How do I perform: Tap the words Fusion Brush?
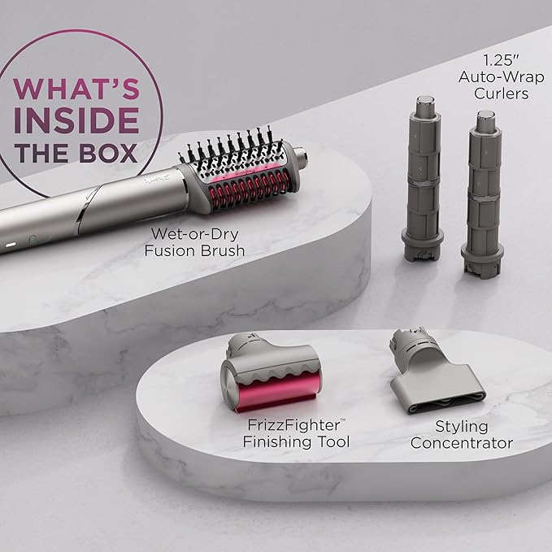(x=195, y=250)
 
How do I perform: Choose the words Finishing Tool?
(x=297, y=441)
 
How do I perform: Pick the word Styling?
(x=461, y=426)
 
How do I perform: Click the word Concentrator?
(x=461, y=443)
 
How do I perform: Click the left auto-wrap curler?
(x=423, y=187)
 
